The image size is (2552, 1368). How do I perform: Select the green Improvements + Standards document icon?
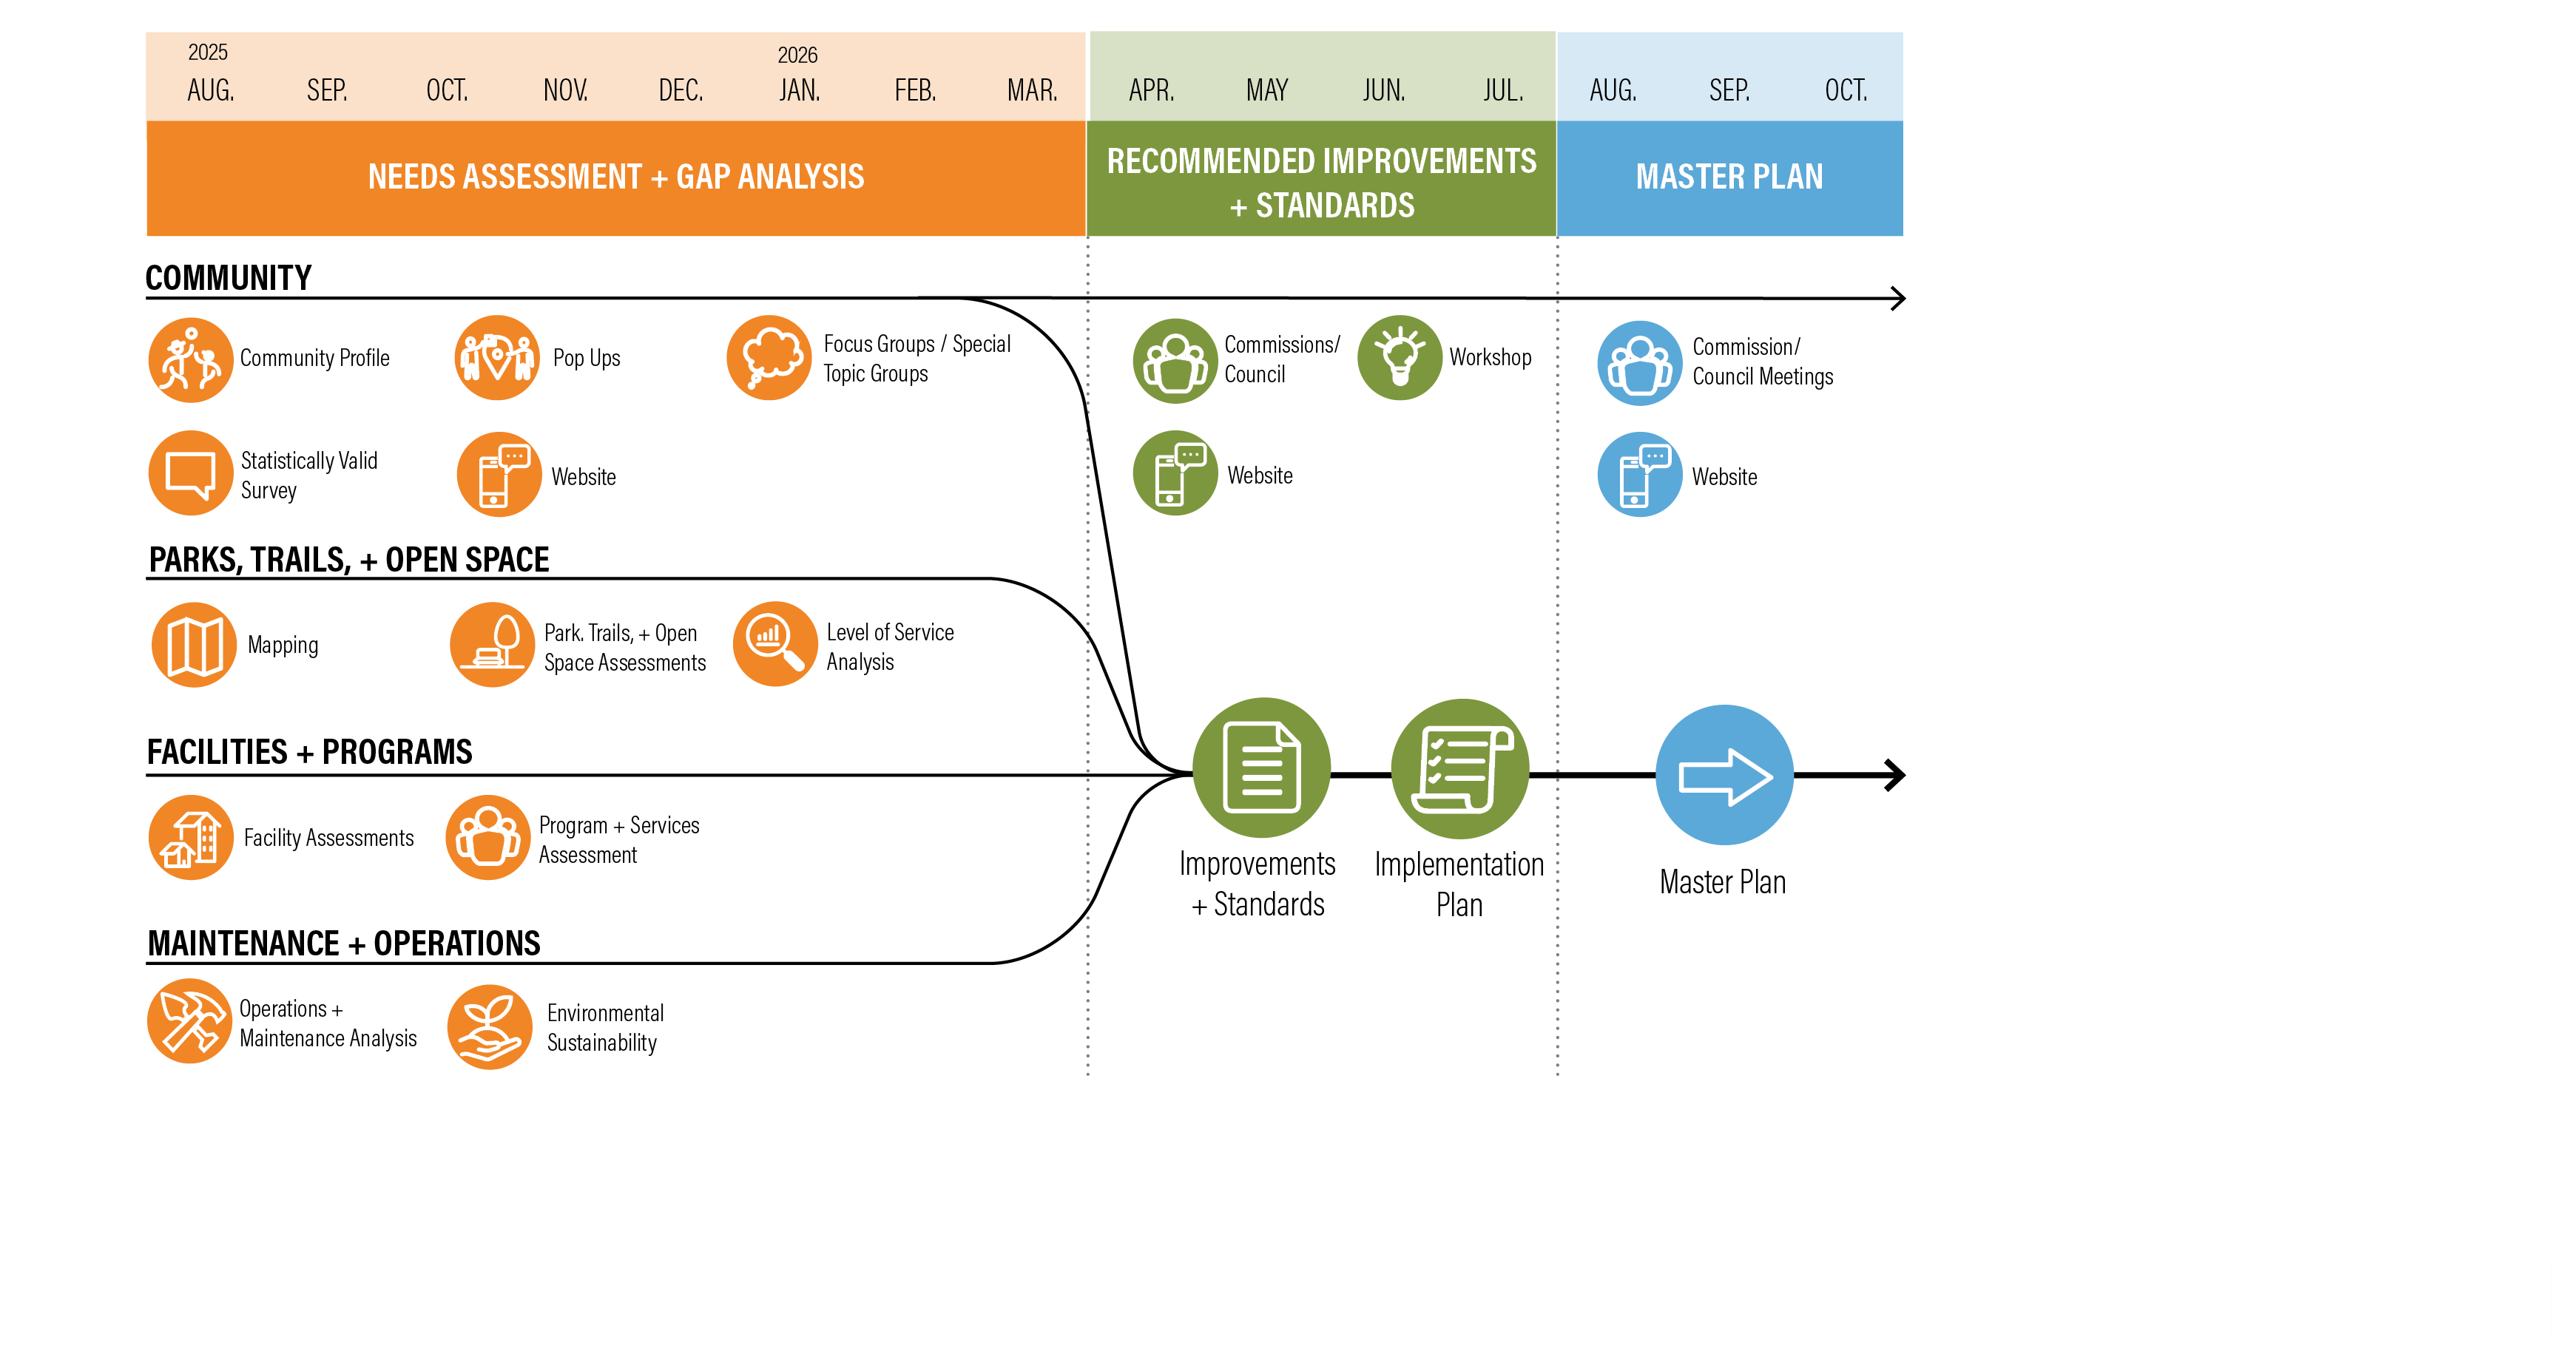pyautogui.click(x=1261, y=768)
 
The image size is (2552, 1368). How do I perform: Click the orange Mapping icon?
pyautogui.click(x=194, y=645)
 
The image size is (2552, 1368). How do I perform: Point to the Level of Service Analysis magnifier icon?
pyautogui.click(x=774, y=644)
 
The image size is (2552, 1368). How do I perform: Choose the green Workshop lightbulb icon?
pyautogui.click(x=1399, y=358)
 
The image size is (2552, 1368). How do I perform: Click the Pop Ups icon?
pyautogui.click(x=497, y=358)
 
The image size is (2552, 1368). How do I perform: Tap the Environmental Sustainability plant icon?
pyautogui.click(x=490, y=1026)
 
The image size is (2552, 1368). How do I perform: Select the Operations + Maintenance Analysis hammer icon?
pyautogui.click(x=189, y=1021)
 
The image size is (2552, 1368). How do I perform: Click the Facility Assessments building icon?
pyautogui.click(x=191, y=837)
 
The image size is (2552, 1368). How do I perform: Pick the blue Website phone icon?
pyautogui.click(x=1640, y=475)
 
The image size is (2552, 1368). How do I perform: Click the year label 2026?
pyautogui.click(x=797, y=55)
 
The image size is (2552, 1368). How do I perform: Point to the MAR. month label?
pyautogui.click(x=1033, y=91)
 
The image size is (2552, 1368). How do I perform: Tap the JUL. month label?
pyautogui.click(x=1503, y=91)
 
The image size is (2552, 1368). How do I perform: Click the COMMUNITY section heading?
pyautogui.click(x=229, y=277)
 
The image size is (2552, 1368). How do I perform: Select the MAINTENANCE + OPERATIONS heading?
pyautogui.click(x=344, y=943)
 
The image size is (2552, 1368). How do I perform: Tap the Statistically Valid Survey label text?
pyautogui.click(x=308, y=475)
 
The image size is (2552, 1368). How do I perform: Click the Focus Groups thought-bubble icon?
pyautogui.click(x=769, y=358)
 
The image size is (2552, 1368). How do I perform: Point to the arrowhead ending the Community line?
pyautogui.click(x=1897, y=298)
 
